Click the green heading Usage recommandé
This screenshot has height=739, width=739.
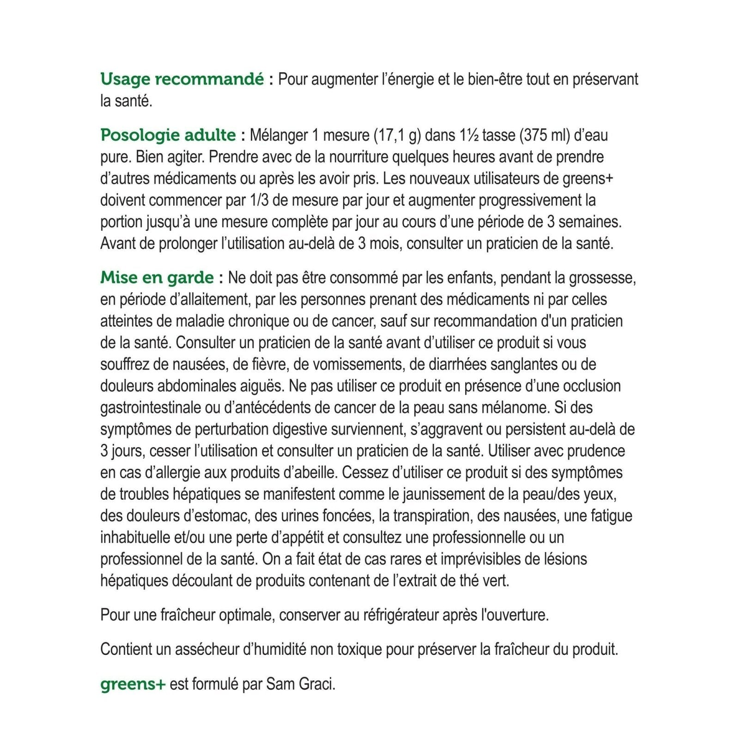[182, 79]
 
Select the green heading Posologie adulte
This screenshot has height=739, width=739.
[168, 135]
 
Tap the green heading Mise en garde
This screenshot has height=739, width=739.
[157, 278]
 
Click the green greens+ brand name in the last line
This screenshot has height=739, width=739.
[133, 684]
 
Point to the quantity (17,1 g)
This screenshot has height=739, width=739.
[400, 135]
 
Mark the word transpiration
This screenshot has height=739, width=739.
[432, 516]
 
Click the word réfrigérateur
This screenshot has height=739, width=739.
[401, 615]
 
